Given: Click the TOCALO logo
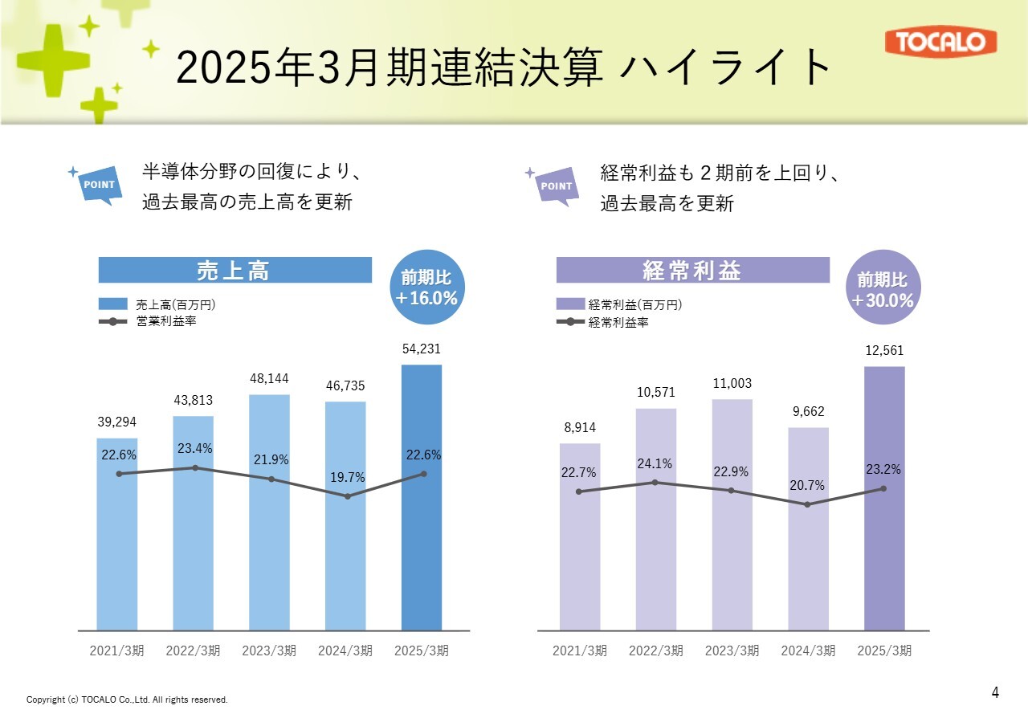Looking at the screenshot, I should click(940, 43).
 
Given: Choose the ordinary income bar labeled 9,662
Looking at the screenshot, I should click(809, 562).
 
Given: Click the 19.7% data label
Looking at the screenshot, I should click(348, 478).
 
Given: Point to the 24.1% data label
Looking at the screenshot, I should click(655, 463).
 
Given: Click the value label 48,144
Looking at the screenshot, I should click(269, 378).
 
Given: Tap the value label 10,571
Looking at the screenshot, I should click(655, 393).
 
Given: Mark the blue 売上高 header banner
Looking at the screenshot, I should click(235, 271).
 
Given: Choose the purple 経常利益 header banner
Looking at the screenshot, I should click(692, 271).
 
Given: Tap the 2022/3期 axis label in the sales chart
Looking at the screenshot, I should click(193, 651).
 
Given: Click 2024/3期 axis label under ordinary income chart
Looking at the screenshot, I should click(808, 651).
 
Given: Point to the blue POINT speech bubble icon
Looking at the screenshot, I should click(100, 186).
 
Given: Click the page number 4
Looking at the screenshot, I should click(995, 692).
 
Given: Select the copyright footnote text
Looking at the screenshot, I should click(127, 700).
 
